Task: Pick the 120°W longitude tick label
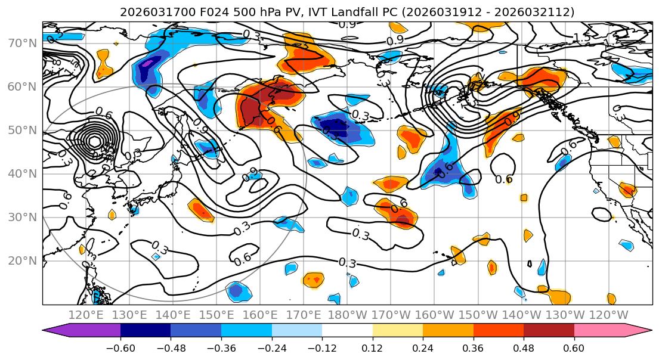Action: coord(608,315)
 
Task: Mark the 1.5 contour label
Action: coord(582,38)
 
